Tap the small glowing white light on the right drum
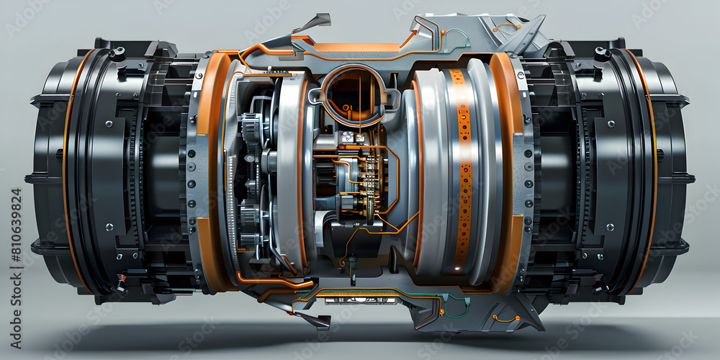(x=455, y=269)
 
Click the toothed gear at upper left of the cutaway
(x=251, y=130)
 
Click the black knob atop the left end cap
(x=117, y=53)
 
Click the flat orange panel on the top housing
(x=356, y=48)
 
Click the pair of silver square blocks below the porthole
(x=353, y=137)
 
